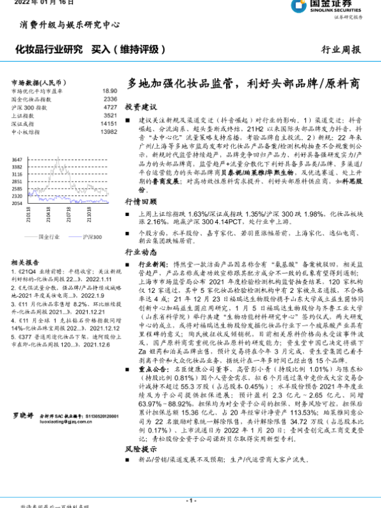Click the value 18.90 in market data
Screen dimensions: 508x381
tap(109, 91)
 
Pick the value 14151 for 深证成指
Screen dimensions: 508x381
tap(108, 124)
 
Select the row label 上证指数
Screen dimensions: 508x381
tap(23, 116)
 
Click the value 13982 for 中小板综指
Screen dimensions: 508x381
tap(108, 132)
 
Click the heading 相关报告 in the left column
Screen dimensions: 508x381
tap(26, 261)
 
